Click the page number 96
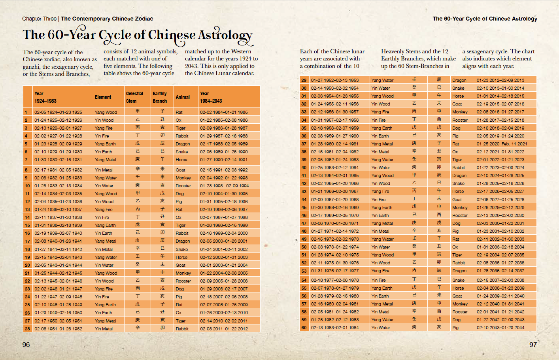pyautogui.click(x=26, y=345)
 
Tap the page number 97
pyautogui.click(x=533, y=345)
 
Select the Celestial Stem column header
pyautogui.click(x=135, y=97)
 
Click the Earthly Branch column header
pyautogui.click(x=160, y=97)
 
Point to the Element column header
pyautogui.click(x=103, y=97)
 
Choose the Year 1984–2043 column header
pyautogui.click(x=211, y=97)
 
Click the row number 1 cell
pyautogui.click(x=26, y=112)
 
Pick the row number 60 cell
pyautogui.click(x=304, y=328)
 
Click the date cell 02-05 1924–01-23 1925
pyautogui.click(x=58, y=112)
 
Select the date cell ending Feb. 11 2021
pyautogui.click(x=502, y=144)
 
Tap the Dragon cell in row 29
pyautogui.click(x=459, y=80)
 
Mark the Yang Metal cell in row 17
pyautogui.click(x=105, y=241)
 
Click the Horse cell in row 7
pyautogui.click(x=181, y=160)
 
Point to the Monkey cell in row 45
pyautogui.click(x=460, y=207)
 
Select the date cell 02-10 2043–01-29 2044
pyautogui.click(x=500, y=328)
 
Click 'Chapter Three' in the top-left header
pyautogui.click(x=39, y=19)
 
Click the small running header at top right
pyautogui.click(x=485, y=19)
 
